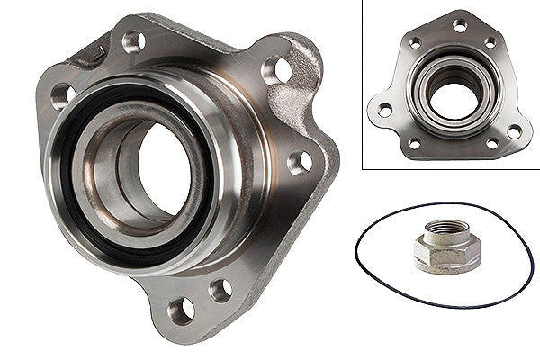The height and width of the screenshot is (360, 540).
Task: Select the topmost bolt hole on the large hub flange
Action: (133, 40)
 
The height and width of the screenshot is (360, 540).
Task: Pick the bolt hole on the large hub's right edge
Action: (299, 162)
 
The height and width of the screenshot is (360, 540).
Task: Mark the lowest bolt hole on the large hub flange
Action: (181, 310)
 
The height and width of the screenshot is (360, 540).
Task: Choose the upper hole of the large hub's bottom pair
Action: (220, 290)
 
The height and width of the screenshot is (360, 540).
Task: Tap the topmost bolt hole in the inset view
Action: (460, 25)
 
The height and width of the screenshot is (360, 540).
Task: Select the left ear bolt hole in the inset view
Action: (384, 110)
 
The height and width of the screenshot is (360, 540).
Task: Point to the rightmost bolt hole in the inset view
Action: (514, 131)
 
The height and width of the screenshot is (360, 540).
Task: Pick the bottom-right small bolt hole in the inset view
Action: (492, 143)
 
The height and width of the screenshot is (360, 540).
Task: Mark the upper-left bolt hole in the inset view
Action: (415, 42)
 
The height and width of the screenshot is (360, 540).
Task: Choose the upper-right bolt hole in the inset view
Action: (490, 42)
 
